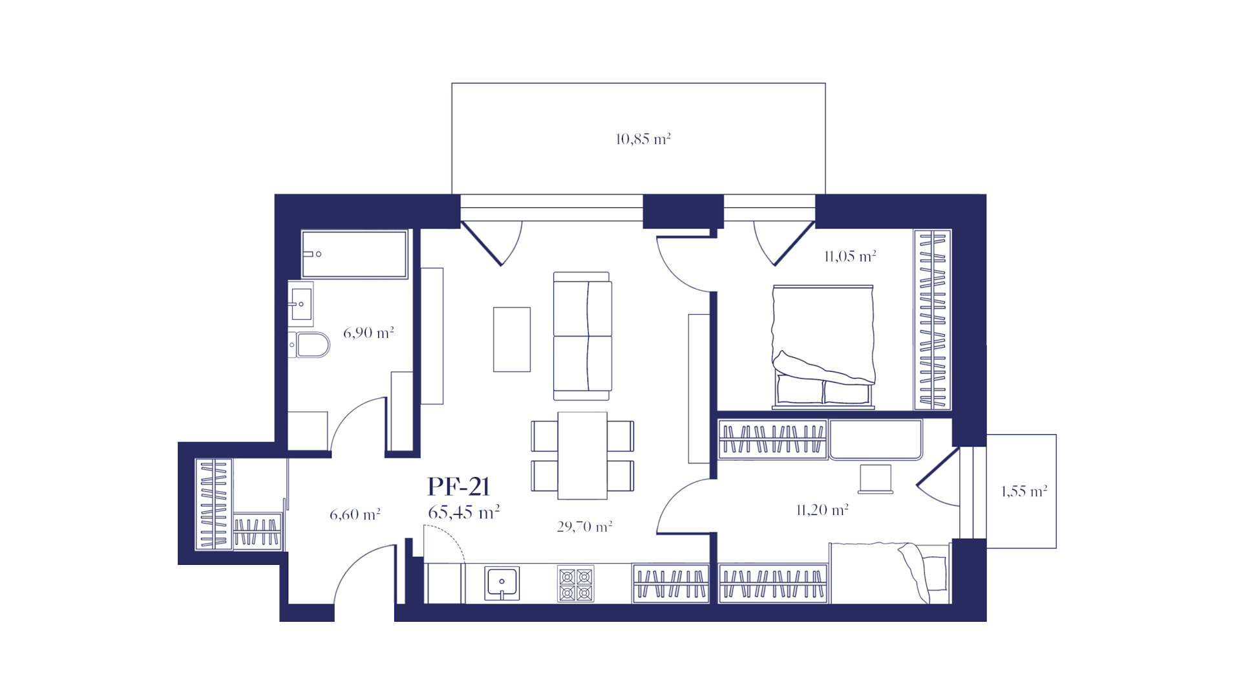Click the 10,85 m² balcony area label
click(643, 139)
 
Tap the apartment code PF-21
click(459, 487)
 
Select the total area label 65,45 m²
click(463, 513)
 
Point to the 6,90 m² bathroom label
click(368, 333)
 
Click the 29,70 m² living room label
click(584, 527)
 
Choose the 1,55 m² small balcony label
click(1024, 491)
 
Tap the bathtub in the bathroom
click(354, 254)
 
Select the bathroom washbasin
click(301, 303)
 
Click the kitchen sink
click(502, 584)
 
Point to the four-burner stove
click(576, 585)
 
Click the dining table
click(582, 456)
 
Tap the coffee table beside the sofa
click(512, 339)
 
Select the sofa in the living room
click(582, 336)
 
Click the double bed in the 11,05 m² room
click(823, 347)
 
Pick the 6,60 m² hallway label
click(355, 514)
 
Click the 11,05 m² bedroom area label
click(850, 257)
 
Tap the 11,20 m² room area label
click(822, 511)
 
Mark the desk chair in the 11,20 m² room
click(876, 479)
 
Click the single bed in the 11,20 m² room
click(890, 573)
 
